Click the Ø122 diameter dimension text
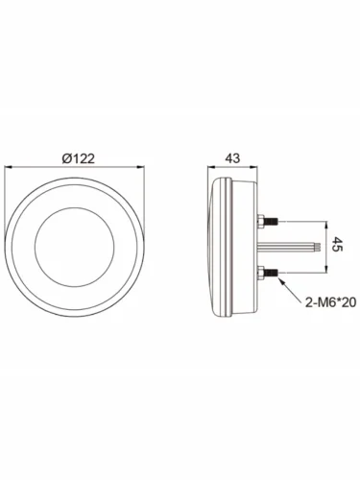coord(79,158)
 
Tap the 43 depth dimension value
coord(232,158)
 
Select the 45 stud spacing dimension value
coord(336,244)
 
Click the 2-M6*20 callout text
coord(330,302)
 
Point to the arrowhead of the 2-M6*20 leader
coord(280,279)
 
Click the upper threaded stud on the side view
coord(272,221)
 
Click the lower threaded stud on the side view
coord(272,273)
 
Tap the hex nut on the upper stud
coord(261,221)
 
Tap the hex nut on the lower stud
coord(261,273)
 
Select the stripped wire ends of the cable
coord(318,247)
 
